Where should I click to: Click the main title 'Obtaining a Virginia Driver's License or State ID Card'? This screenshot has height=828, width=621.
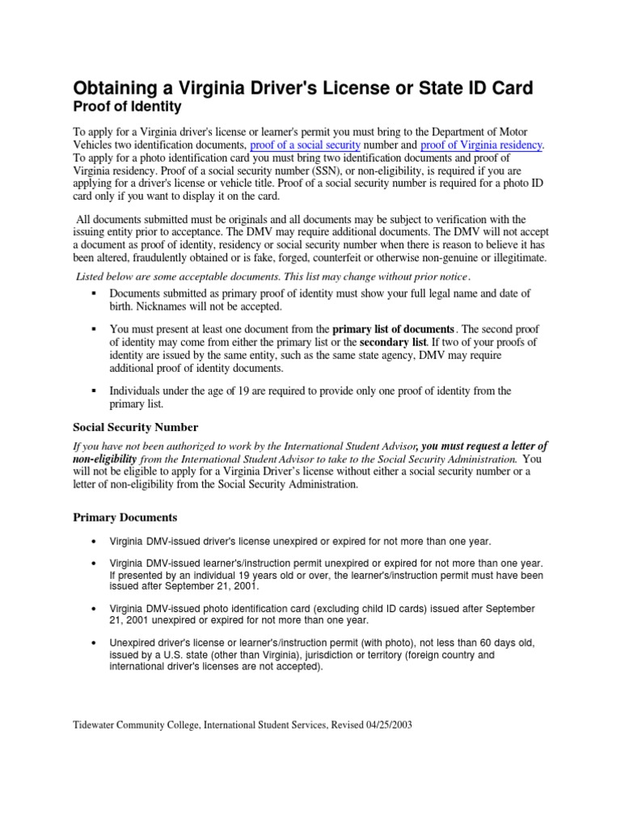pyautogui.click(x=303, y=87)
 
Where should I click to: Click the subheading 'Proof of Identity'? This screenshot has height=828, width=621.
pyautogui.click(x=128, y=107)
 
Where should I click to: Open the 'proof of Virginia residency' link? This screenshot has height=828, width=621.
pyautogui.click(x=482, y=145)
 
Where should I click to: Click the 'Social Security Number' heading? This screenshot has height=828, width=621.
pyautogui.click(x=135, y=427)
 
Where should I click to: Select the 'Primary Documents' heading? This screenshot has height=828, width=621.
pyautogui.click(x=125, y=517)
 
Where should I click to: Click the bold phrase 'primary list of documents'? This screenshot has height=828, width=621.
pyautogui.click(x=393, y=329)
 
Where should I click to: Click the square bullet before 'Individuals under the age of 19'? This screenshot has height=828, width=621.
pyautogui.click(x=95, y=391)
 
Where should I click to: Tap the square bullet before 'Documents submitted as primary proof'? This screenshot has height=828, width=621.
pyautogui.click(x=95, y=292)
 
